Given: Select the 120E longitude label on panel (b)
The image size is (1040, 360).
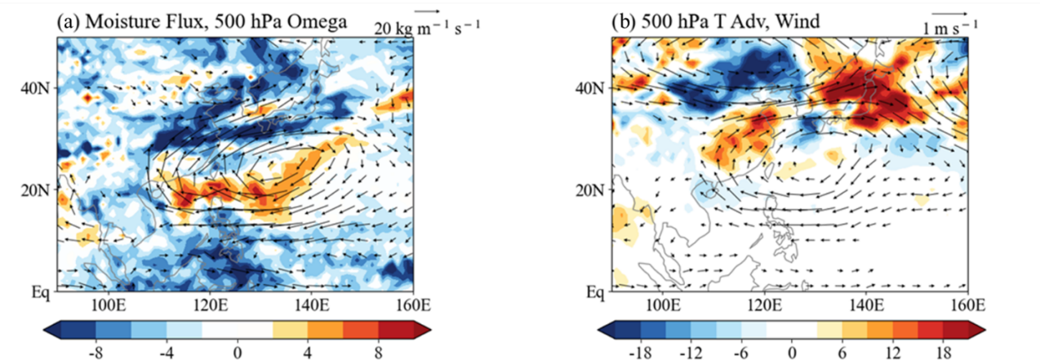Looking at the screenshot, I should (763, 306).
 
